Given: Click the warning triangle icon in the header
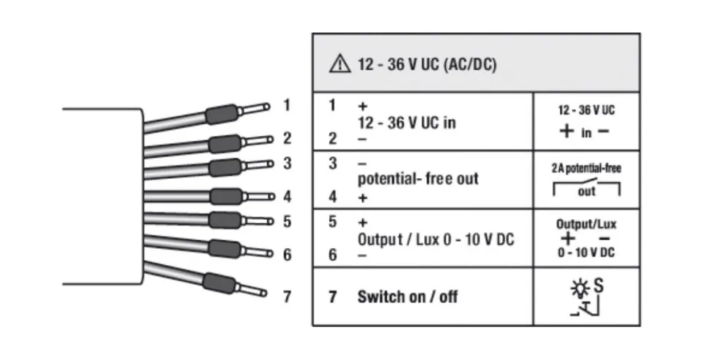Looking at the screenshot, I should (339, 64).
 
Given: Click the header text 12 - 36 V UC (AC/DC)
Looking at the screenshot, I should (427, 64).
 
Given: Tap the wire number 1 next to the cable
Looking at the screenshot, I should (287, 105).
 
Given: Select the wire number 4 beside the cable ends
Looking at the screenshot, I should (287, 196).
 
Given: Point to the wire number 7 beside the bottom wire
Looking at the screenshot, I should (287, 296).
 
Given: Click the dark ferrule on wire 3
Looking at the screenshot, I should (226, 166).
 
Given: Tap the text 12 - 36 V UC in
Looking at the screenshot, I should (406, 122).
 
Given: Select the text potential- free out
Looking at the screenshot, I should (418, 179).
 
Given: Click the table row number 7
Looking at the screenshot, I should (332, 297).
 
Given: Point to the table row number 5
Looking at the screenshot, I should (332, 221).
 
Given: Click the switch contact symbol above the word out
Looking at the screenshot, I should (587, 182).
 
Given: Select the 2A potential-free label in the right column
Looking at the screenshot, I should (586, 167).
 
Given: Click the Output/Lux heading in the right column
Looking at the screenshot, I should (586, 224).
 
